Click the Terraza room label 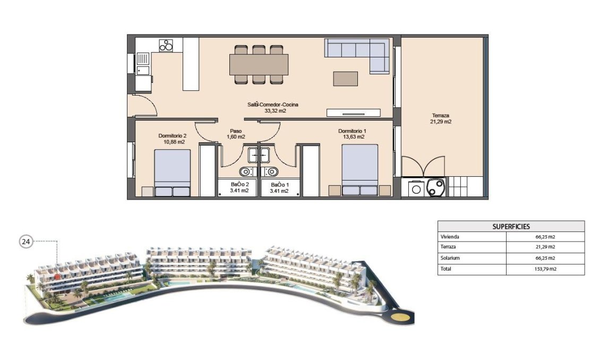click(440, 115)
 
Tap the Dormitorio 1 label click(353, 131)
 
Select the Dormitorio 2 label click(172, 135)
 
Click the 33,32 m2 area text click(275, 111)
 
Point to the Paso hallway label click(236, 131)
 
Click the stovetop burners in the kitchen click(167, 45)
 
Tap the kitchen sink click(143, 58)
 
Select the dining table click(259, 65)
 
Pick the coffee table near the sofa click(345, 79)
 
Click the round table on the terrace click(436, 187)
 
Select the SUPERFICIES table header click(511, 226)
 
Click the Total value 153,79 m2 click(545, 269)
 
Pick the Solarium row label click(450, 258)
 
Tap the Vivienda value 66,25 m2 click(545, 237)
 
